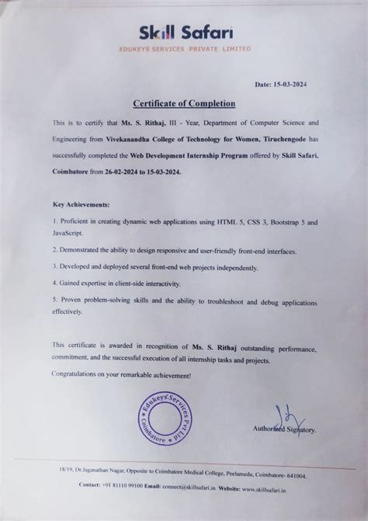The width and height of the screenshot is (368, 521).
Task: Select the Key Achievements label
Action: click(x=82, y=206)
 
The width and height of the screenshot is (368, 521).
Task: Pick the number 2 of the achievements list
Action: click(x=54, y=250)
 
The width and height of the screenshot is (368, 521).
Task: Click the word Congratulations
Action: click(x=82, y=374)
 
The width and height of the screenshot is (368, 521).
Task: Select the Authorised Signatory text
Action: click(x=283, y=429)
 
